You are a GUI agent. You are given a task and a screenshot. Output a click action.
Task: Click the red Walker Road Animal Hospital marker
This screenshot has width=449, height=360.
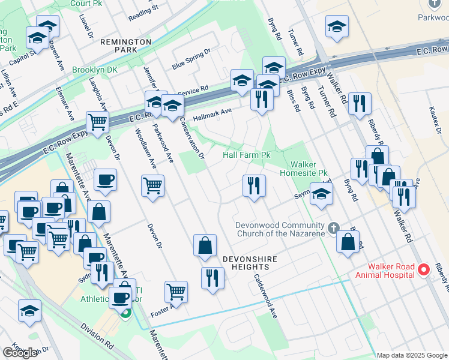pos(424,269)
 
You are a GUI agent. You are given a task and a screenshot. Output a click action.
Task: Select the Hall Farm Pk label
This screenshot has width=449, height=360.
pos(247,155)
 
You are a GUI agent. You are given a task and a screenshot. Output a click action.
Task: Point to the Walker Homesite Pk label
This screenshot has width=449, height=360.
pos(311,169)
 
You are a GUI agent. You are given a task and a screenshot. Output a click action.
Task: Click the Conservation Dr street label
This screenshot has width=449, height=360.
pos(193,138)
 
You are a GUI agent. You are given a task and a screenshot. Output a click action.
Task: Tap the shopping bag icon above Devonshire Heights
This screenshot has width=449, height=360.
pos(205,245)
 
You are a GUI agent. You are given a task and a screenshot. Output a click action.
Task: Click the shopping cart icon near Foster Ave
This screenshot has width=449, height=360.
pos(176,292)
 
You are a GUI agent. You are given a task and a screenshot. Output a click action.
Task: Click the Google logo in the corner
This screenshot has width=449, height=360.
pos(20,352)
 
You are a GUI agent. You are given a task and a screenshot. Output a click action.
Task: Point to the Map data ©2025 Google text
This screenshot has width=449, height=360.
pos(412,355)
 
